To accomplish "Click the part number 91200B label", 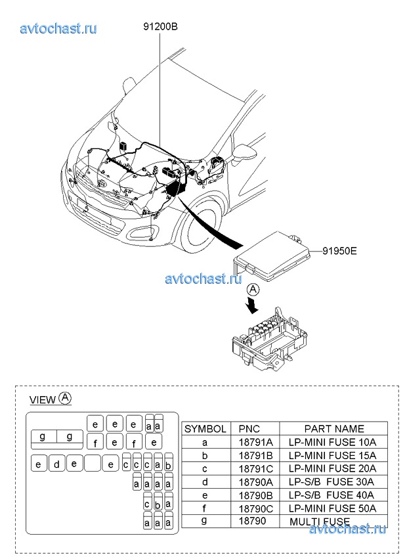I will [161, 27].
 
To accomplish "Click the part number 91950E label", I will [339, 250].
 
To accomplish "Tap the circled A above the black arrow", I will [253, 289].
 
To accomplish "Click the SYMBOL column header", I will [205, 428].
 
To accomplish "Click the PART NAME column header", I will [333, 428].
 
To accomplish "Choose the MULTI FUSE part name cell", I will [322, 521].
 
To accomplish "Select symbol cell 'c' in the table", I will [205, 468].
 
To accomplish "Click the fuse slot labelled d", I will [57, 464].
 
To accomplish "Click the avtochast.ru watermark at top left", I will [58, 28].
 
